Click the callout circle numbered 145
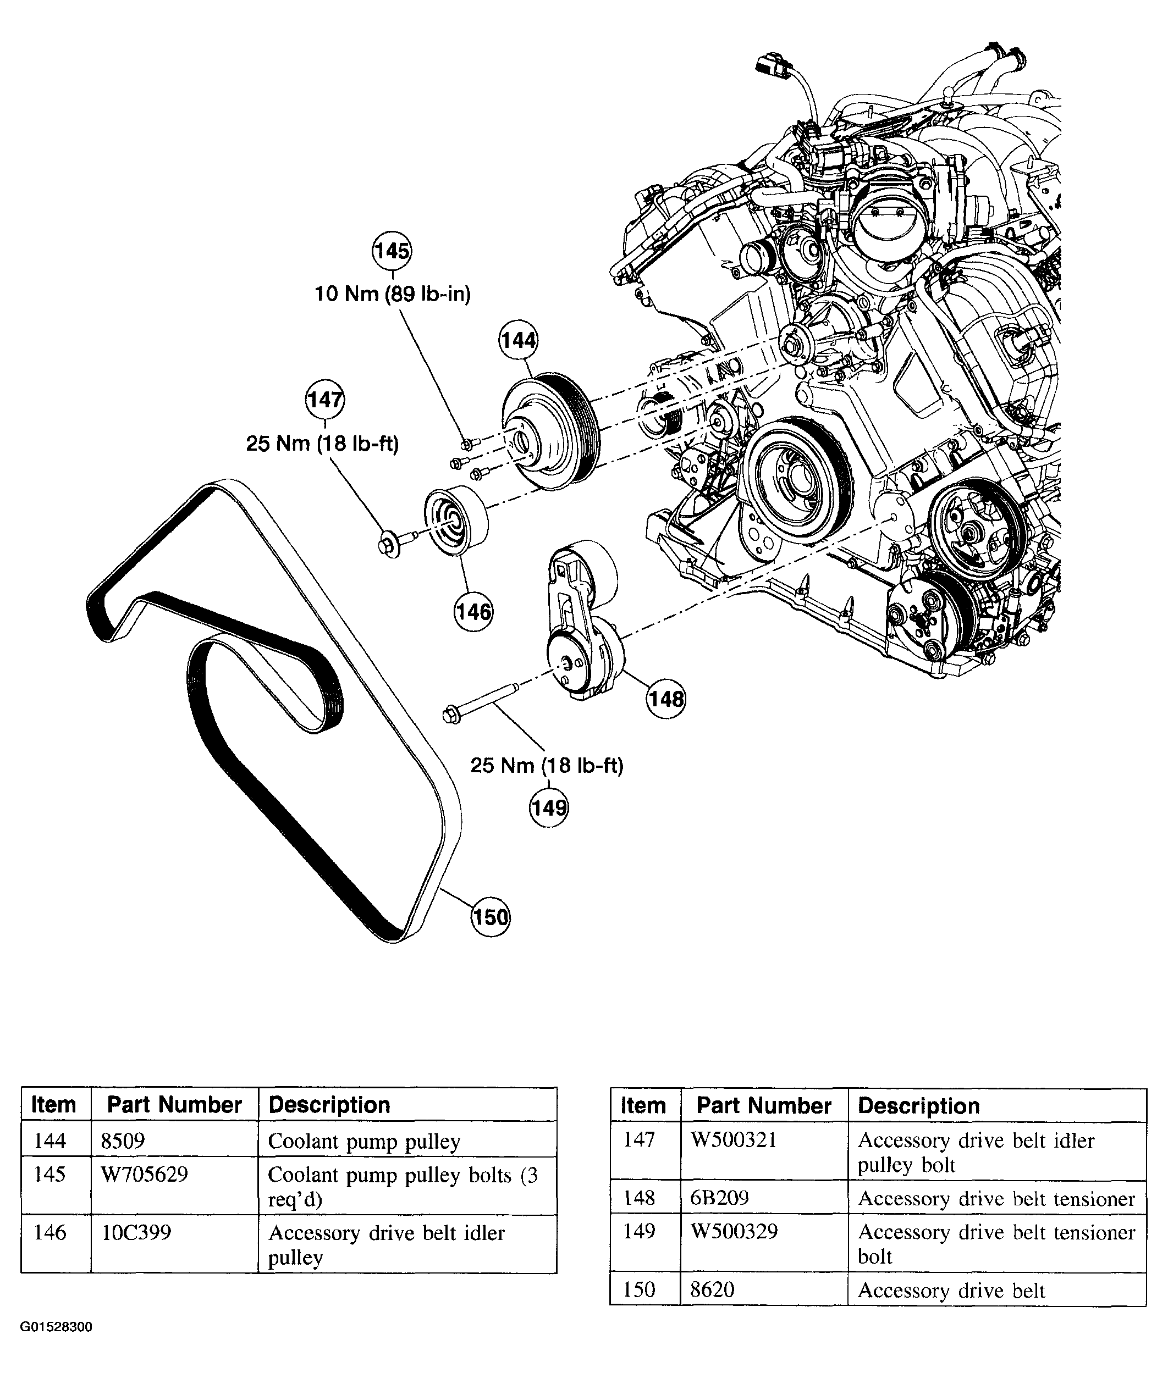(392, 251)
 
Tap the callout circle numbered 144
(518, 340)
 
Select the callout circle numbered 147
(324, 400)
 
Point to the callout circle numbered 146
(473, 611)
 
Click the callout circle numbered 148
(666, 699)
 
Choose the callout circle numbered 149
(549, 807)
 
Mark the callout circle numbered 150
(491, 917)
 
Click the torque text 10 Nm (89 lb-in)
(393, 294)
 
